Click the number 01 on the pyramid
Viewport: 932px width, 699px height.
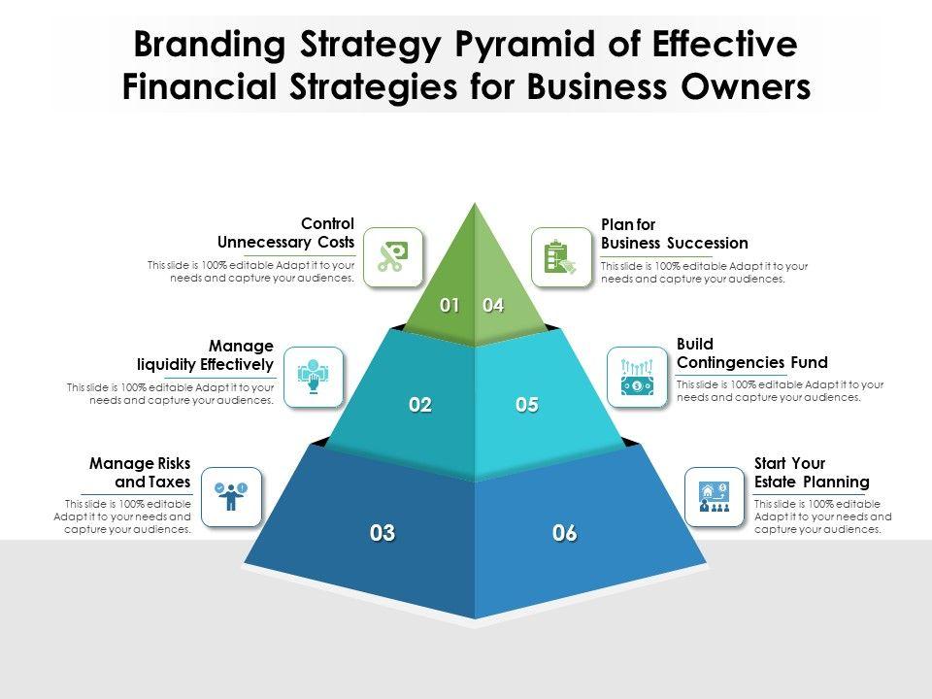(449, 306)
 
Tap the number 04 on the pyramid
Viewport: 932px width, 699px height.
(493, 306)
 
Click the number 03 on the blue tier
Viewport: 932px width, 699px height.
(383, 533)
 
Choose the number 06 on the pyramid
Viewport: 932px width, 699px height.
(565, 533)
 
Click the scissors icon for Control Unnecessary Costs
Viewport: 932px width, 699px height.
(393, 257)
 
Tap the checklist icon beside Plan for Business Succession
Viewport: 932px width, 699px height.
(561, 257)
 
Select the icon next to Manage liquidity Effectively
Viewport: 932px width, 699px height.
(314, 377)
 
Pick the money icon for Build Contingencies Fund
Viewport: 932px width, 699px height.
(637, 377)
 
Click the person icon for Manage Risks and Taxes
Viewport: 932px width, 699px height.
(231, 496)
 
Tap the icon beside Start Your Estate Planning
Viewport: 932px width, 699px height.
(715, 496)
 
